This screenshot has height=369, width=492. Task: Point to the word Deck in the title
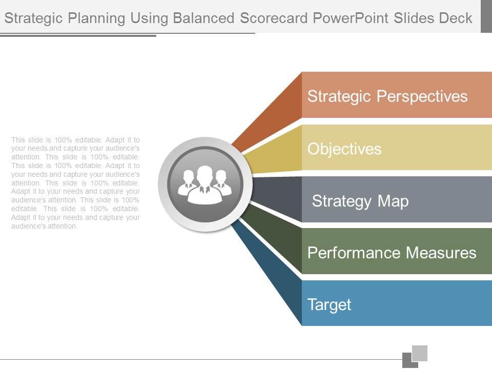[x=456, y=18]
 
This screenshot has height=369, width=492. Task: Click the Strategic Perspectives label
[x=387, y=96]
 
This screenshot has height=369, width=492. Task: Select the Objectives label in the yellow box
[x=344, y=149]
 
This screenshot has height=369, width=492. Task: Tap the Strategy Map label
[x=360, y=201]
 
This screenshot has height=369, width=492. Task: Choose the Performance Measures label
[x=392, y=253]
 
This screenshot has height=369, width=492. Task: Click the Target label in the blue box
[x=329, y=304]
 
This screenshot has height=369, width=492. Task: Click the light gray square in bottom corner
[x=420, y=353]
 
